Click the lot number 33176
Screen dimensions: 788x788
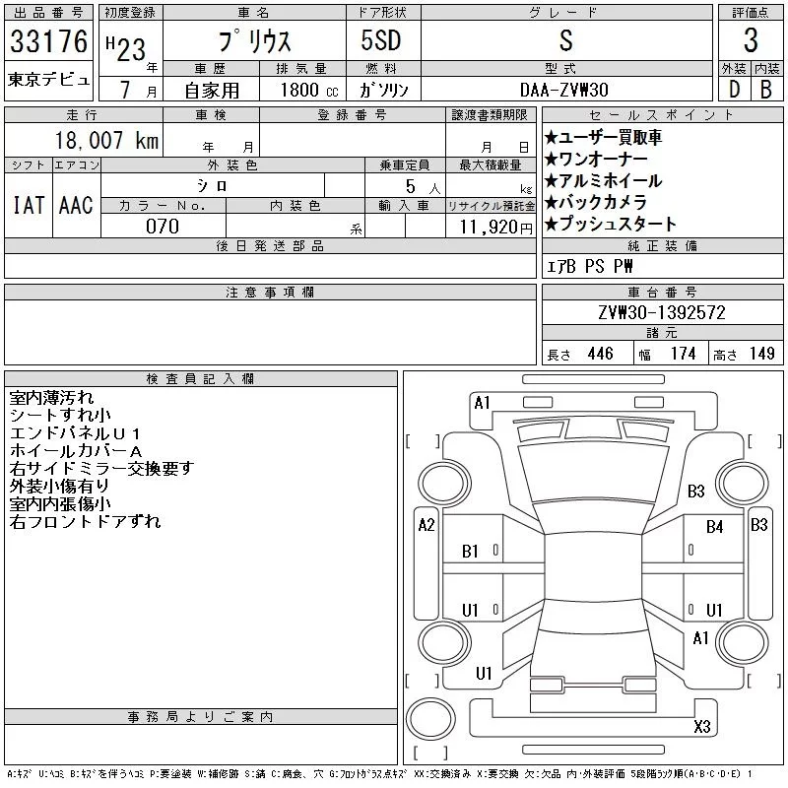tap(48, 40)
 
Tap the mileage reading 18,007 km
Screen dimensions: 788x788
tap(106, 140)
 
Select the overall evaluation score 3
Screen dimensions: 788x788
tap(751, 39)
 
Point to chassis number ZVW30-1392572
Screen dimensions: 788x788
tap(662, 312)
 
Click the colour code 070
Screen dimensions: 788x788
tap(163, 227)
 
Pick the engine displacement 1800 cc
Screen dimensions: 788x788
tap(309, 90)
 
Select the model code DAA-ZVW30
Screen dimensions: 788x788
tap(564, 90)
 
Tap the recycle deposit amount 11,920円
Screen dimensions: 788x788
tap(496, 227)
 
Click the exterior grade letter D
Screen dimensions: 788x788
tap(734, 90)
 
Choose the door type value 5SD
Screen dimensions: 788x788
tap(381, 40)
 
